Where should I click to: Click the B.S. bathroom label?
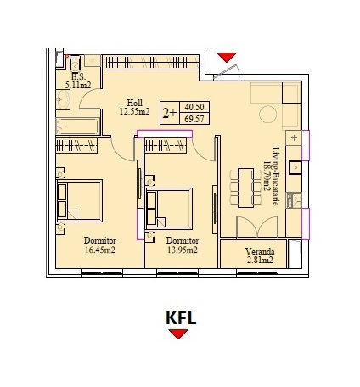pos(78,76)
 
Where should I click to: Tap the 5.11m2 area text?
pos(78,85)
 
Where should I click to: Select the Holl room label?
pos(134,103)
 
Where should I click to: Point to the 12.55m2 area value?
pos(134,111)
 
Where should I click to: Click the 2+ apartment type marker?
pos(169,113)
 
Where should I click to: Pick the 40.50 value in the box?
pos(194,107)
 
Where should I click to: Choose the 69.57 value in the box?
pos(194,119)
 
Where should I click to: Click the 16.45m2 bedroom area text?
pos(100,250)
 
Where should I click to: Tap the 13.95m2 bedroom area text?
pos(182,250)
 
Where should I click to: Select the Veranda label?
pos(260,251)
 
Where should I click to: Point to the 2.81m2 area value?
pos(260,260)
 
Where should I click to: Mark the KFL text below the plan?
pos(181,318)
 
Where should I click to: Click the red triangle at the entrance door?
pos(227,57)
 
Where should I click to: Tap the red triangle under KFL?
pos(178,334)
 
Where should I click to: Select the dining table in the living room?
pos(245,188)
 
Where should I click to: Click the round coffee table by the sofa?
pos(267,115)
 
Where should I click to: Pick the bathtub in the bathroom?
pos(78,126)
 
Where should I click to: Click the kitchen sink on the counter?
pos(295,168)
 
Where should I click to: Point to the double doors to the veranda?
pos(257,227)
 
